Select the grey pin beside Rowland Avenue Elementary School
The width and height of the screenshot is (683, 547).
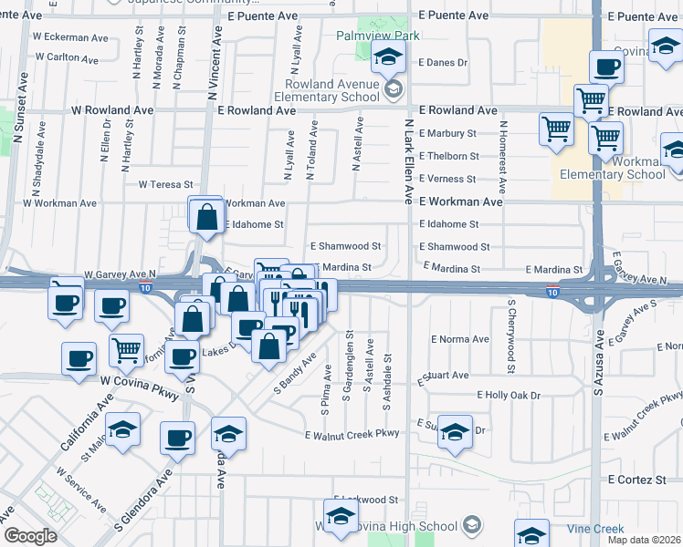click(394, 88)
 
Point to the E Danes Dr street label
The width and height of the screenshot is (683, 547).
click(443, 64)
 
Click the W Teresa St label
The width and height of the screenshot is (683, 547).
click(166, 184)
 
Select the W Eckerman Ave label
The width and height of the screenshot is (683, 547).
click(70, 37)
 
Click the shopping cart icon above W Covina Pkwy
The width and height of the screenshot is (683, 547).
click(126, 351)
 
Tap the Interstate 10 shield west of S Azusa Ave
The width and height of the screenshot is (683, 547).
click(552, 293)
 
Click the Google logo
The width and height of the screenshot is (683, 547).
click(30, 535)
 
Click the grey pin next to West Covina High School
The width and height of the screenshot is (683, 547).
click(471, 525)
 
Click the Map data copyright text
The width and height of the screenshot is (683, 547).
click(645, 540)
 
